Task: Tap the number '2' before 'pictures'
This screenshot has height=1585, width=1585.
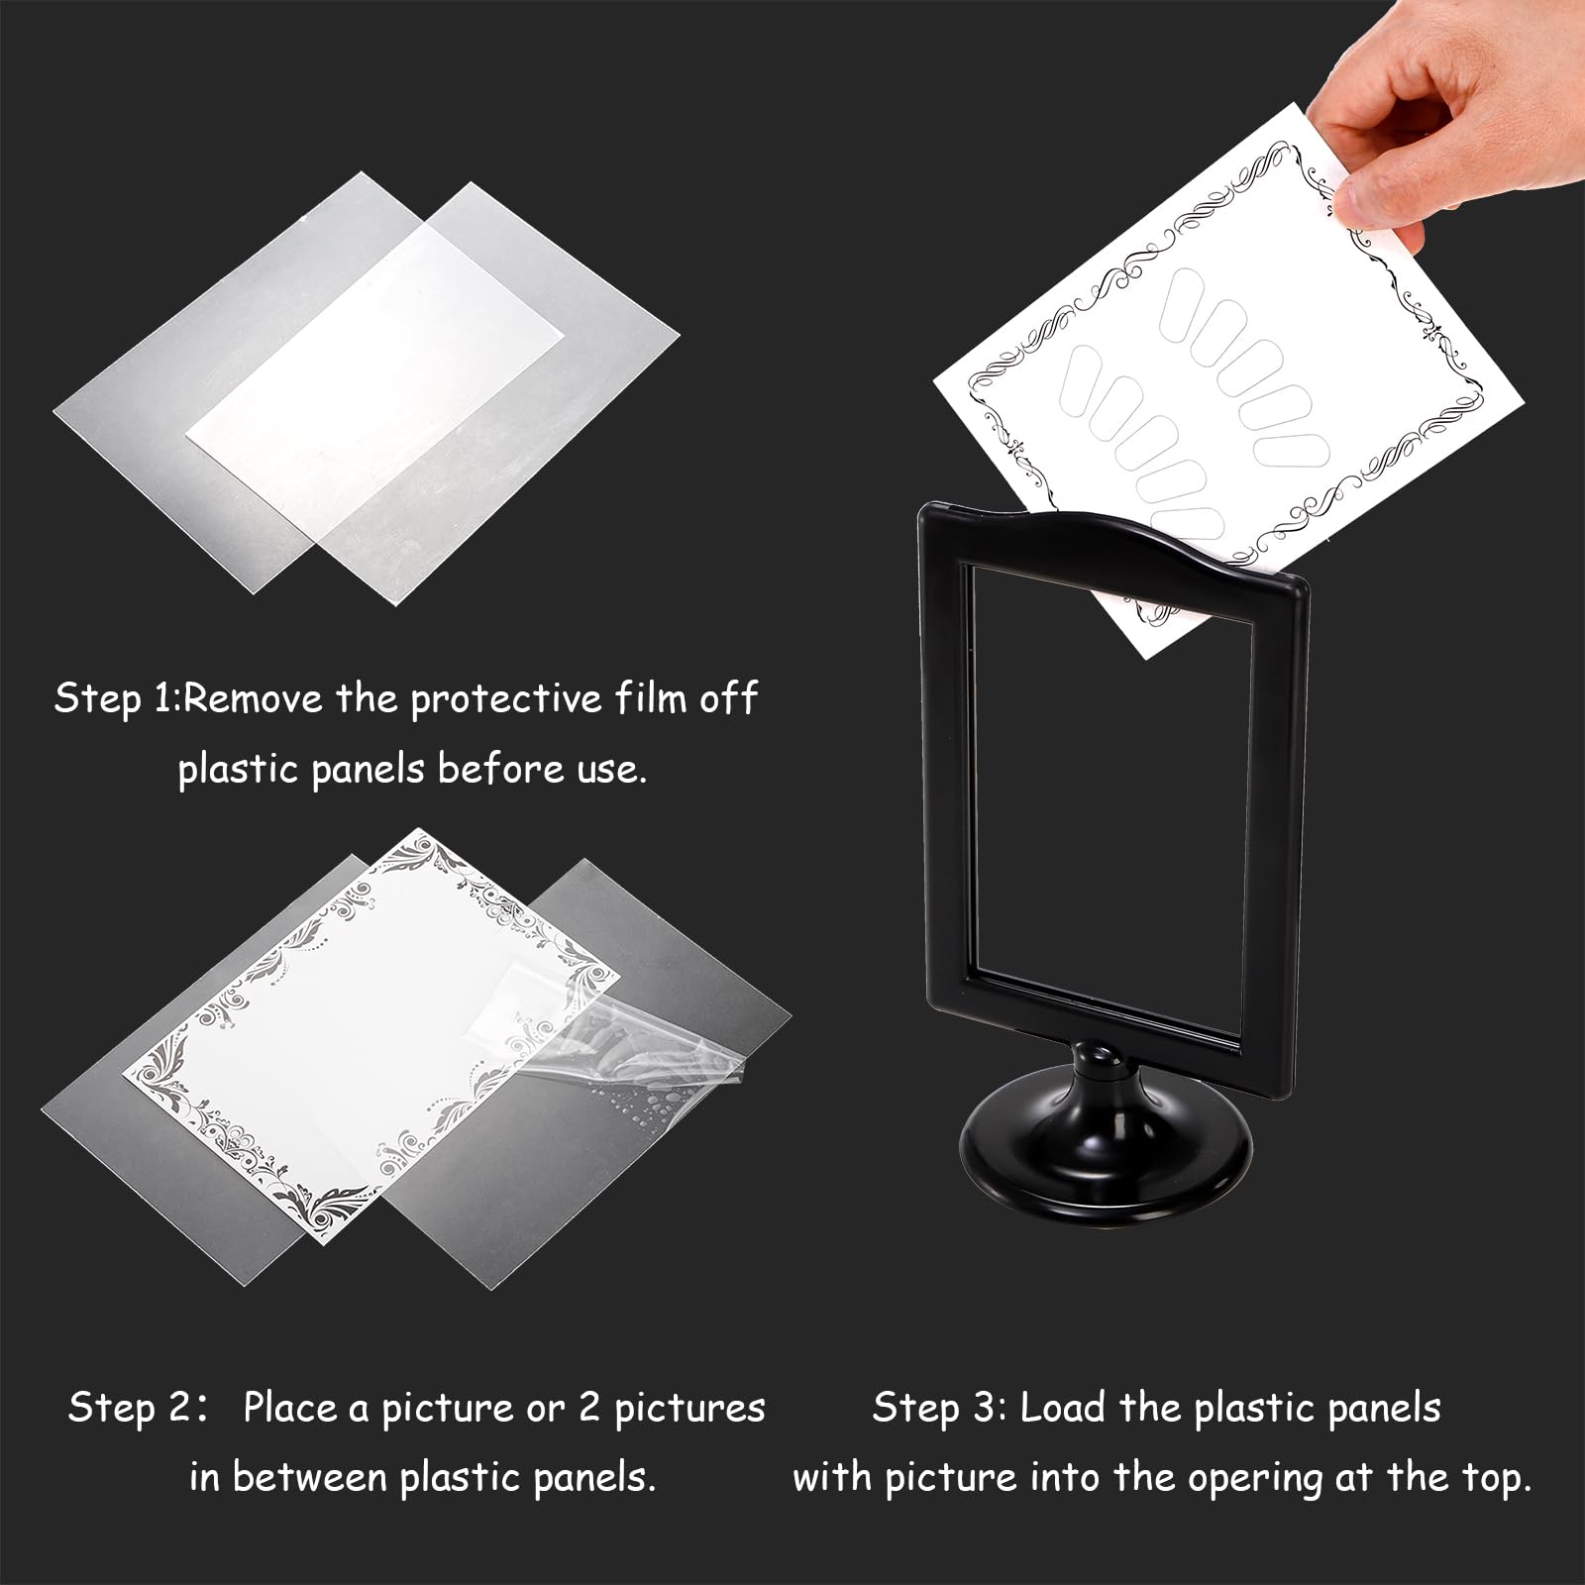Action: click(x=589, y=1408)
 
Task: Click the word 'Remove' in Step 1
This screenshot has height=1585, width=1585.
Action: click(x=254, y=699)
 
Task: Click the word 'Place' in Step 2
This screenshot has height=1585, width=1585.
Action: click(x=288, y=1408)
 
